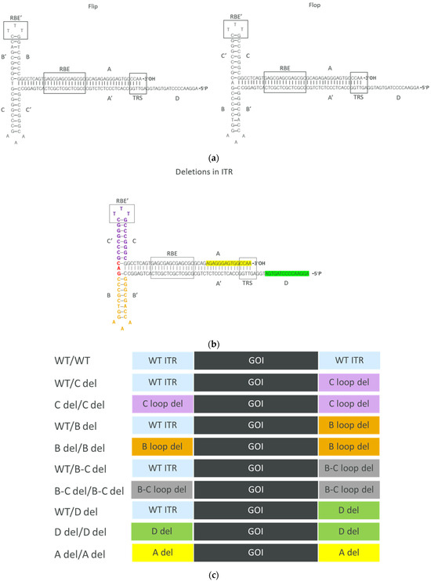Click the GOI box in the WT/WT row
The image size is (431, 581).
[256, 363]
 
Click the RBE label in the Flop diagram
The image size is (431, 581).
[285, 68]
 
